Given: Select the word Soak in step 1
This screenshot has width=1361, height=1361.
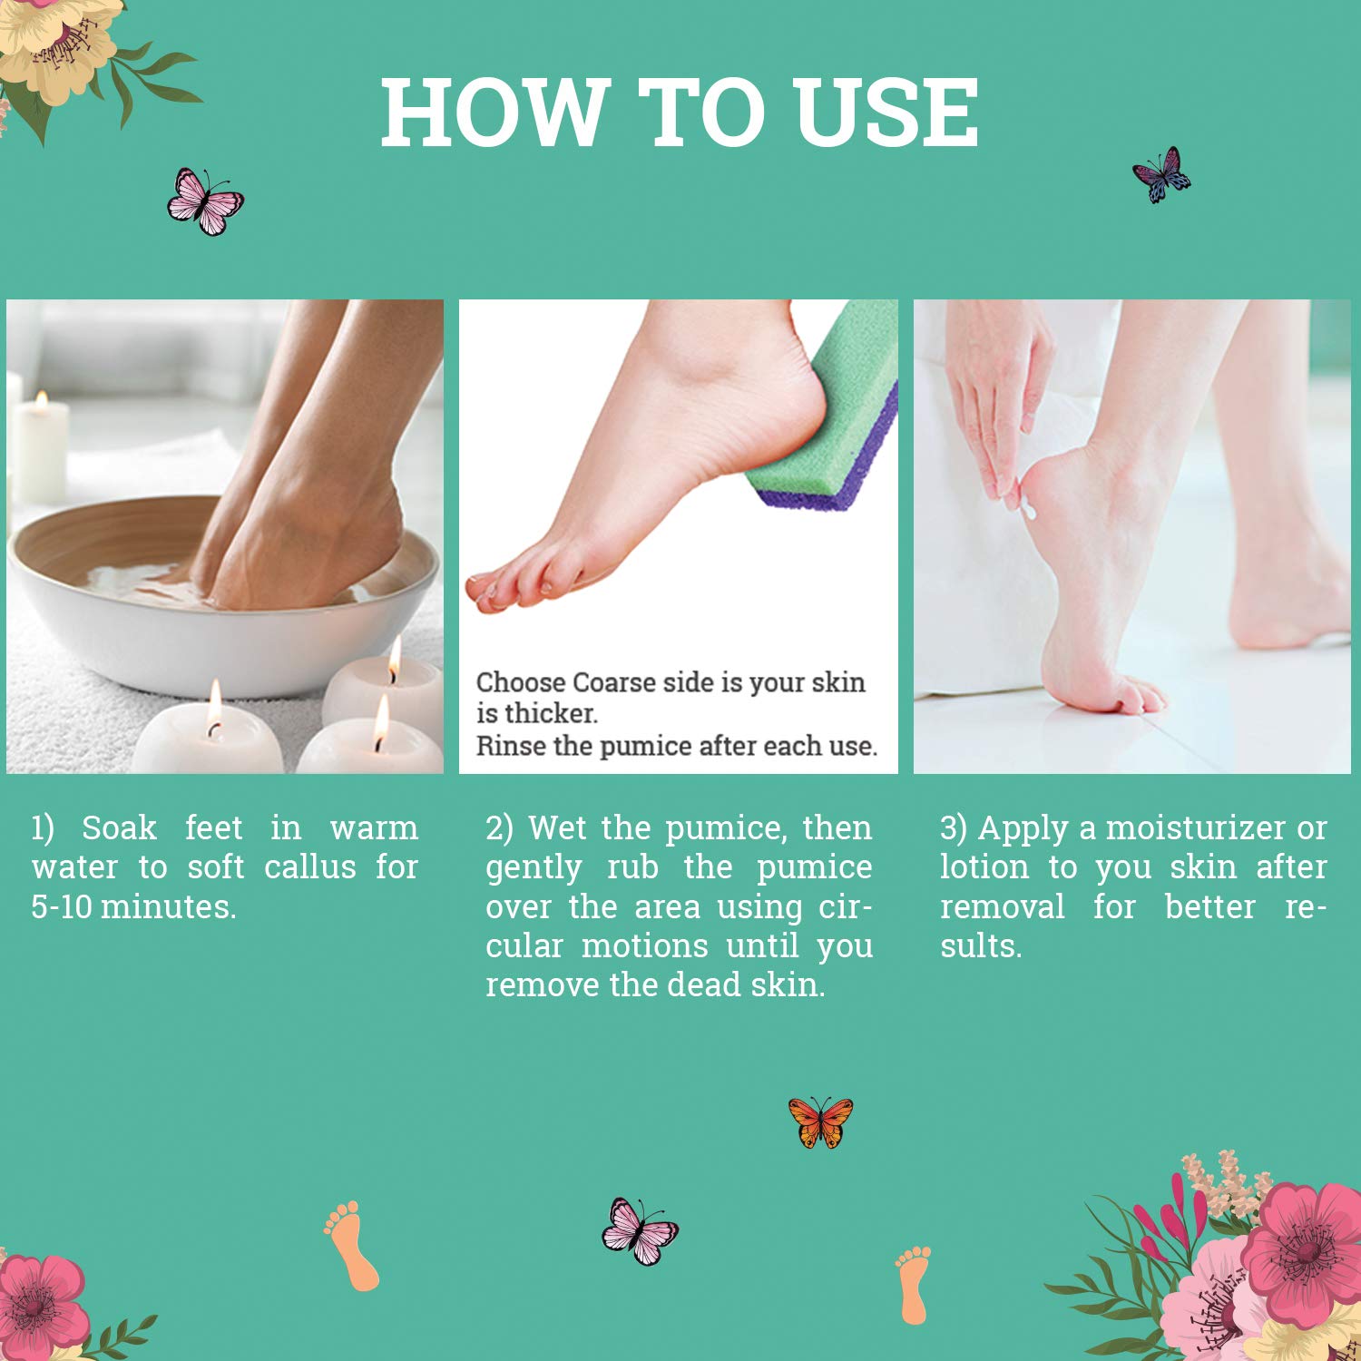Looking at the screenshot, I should click(119, 827).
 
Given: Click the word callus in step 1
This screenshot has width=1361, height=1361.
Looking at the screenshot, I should click(309, 867).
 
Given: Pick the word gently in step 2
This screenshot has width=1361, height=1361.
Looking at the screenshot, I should click(533, 868).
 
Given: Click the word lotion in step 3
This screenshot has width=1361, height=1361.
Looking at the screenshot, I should click(984, 867).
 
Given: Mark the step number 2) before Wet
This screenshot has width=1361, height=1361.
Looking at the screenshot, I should click(499, 827).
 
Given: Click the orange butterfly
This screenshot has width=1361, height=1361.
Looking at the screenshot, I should click(820, 1122).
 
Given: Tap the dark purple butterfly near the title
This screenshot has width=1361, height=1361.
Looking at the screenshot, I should click(1161, 174).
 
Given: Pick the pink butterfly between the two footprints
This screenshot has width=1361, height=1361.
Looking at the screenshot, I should click(639, 1231).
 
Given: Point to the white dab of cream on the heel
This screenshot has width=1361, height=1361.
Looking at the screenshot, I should click(1029, 510).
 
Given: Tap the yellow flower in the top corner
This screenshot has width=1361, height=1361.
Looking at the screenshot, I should click(59, 45).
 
